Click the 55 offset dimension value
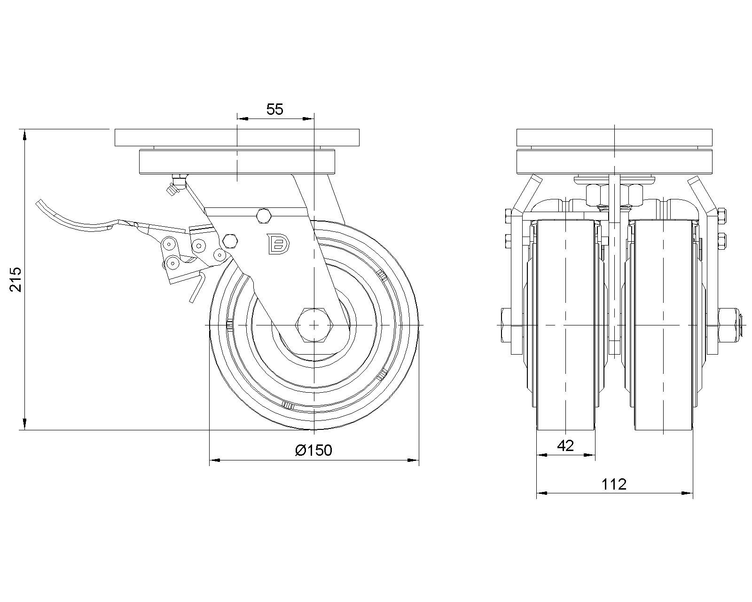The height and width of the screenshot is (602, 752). [x=275, y=110]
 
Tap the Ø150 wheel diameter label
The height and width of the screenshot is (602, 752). [x=313, y=450]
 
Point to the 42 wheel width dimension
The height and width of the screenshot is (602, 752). [x=565, y=445]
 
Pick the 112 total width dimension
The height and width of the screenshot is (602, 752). [x=614, y=484]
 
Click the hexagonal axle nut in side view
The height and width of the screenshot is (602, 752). [x=313, y=325]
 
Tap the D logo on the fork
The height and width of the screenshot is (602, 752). [x=279, y=244]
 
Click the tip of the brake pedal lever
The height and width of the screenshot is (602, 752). [x=39, y=205]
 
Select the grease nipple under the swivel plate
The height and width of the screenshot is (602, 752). [x=174, y=186]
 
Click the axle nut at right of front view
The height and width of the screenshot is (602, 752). [x=728, y=325]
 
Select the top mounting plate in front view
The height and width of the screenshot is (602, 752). [x=614, y=138]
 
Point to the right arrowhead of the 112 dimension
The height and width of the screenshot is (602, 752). [x=689, y=493]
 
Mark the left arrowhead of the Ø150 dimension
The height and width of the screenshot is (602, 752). [x=213, y=460]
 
